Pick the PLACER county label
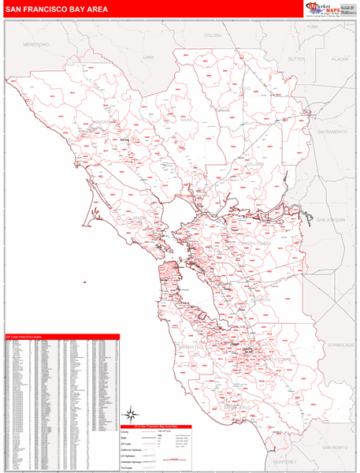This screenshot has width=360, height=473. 340,59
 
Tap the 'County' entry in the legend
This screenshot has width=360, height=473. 128,432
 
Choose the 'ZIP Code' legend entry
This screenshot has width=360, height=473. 129,444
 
